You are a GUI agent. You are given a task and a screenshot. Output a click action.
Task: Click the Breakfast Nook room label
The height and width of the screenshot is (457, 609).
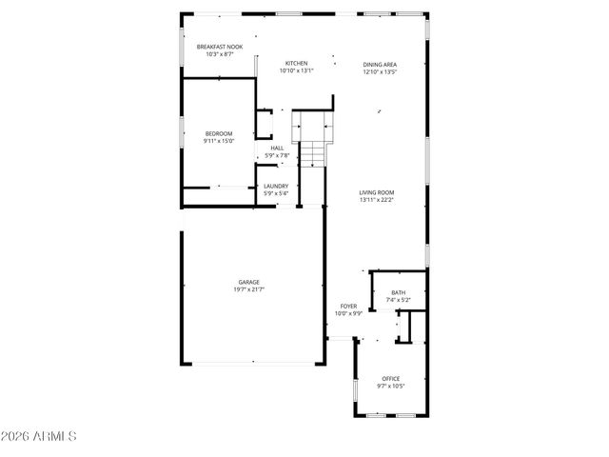coord(219,47)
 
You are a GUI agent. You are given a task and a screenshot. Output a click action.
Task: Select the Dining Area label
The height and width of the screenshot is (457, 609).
coord(379,64)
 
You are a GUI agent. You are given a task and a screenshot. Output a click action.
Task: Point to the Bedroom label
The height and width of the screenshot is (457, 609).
coord(218,133)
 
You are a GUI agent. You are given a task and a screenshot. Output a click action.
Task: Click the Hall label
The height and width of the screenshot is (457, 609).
coord(277,148)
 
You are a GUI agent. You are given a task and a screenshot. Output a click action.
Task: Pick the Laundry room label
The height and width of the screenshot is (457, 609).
coord(276,186)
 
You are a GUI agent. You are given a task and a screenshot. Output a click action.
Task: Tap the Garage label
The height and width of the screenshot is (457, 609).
coord(250,281)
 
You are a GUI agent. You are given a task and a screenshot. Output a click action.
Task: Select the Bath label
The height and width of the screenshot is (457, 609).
coord(398,293)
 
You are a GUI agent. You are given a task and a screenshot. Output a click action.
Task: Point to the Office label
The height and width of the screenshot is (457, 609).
coord(391,378)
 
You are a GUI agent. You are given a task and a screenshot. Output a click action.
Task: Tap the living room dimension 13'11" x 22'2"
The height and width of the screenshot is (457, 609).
coord(377,201)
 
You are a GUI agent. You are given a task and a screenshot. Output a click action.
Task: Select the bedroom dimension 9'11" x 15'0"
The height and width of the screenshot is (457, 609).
coord(218,141)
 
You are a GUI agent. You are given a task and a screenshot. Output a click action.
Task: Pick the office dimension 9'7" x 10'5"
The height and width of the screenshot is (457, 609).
coord(391,386)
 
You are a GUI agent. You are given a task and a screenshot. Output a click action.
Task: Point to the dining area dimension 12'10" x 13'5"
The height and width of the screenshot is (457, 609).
coord(379,71)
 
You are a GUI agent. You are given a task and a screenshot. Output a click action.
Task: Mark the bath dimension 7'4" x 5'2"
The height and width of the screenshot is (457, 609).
coord(398,301)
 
